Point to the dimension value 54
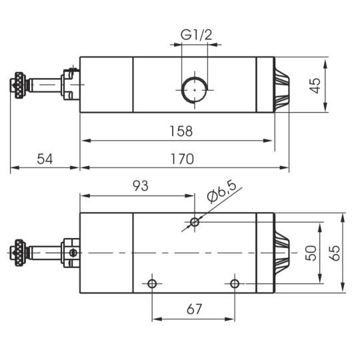44,159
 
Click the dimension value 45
315,85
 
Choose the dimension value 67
193,310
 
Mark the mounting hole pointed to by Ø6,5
194,221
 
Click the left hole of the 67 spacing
153,284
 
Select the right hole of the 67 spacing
235,284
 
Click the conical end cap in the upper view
281,85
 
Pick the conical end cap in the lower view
281,253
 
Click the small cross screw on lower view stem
73,252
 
